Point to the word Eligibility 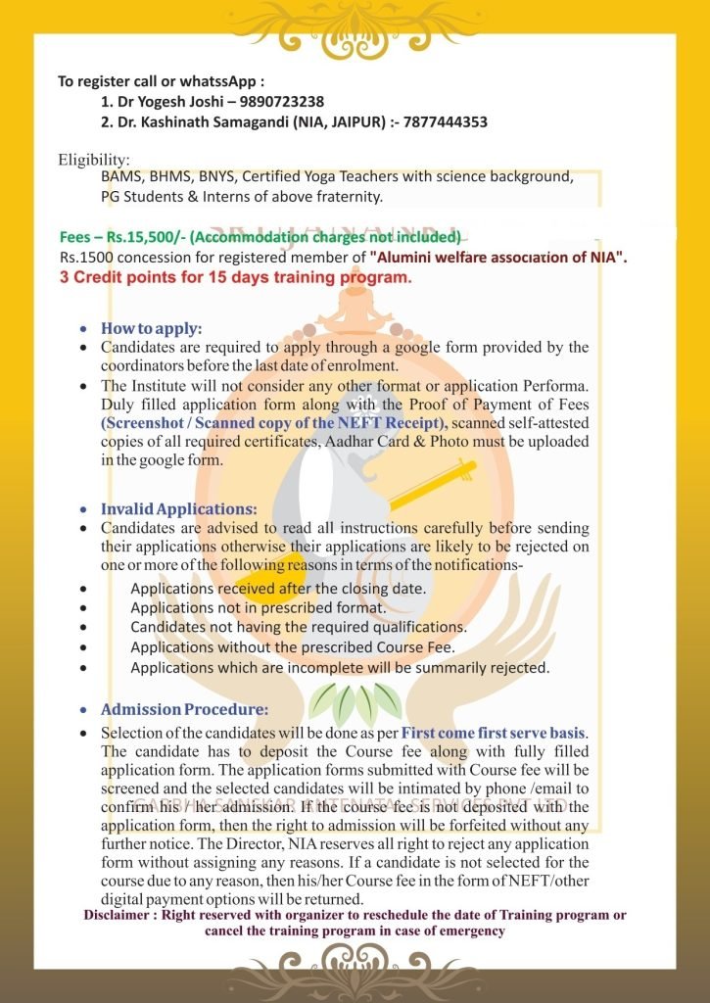(x=93, y=160)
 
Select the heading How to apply (x=151, y=329)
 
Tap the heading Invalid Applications (x=179, y=509)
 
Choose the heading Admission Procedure (x=184, y=709)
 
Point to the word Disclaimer (x=123, y=915)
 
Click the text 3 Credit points (x=114, y=277)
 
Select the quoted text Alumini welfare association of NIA (x=498, y=258)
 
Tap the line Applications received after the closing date (x=278, y=589)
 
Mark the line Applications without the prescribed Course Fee (x=293, y=647)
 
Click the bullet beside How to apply (x=84, y=330)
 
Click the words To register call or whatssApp (x=161, y=80)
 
